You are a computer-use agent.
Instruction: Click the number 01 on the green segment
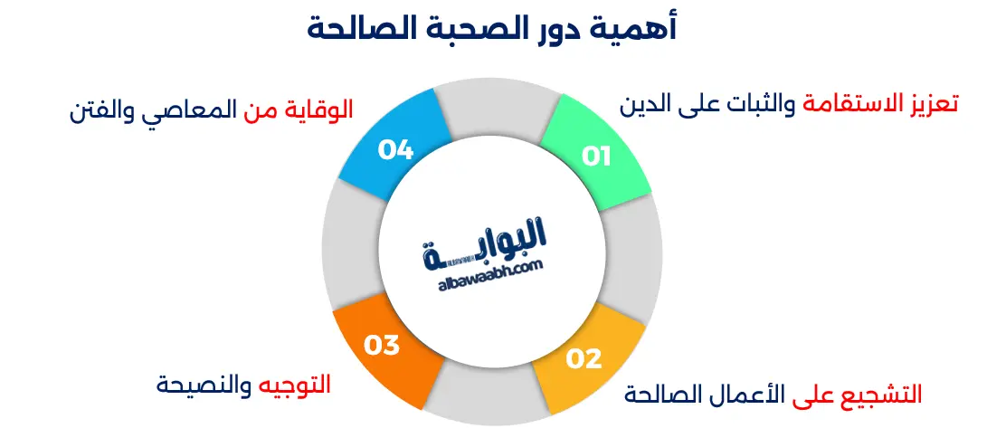596,156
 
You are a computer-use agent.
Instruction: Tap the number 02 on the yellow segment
584,358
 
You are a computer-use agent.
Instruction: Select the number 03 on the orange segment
382,344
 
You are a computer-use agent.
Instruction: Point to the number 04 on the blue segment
396,149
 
